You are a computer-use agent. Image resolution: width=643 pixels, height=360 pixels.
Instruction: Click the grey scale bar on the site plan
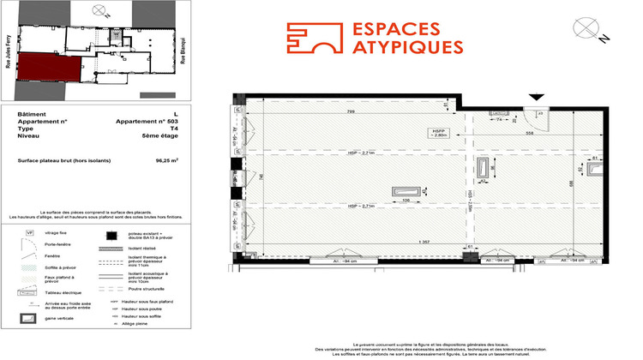click(x=156, y=93)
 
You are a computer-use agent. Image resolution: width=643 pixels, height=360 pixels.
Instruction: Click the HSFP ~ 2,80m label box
click(x=440, y=133)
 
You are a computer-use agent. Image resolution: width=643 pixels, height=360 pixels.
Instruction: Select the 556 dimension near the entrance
click(x=507, y=135)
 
